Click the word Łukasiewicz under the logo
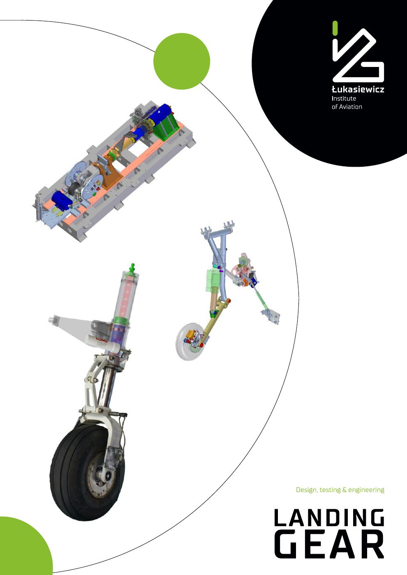coord(358,89)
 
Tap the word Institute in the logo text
coord(344,98)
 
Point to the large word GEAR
coord(329,545)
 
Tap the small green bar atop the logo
coord(335,28)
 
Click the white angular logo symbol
coord(358,53)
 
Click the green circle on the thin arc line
coord(182,61)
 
